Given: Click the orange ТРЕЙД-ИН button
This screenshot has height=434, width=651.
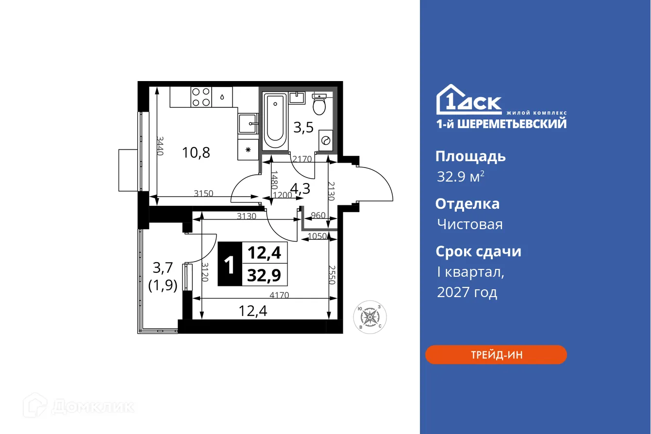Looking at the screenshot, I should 496,355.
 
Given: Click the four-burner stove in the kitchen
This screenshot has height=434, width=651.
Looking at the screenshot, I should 200,97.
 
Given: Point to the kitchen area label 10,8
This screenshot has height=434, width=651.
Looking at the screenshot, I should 196,153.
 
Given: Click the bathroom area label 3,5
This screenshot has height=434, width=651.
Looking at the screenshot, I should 303,128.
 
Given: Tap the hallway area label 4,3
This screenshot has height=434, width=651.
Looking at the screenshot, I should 300,188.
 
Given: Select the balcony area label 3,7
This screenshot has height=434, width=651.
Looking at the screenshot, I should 163,267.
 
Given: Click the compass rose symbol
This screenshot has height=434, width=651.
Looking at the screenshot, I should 370,317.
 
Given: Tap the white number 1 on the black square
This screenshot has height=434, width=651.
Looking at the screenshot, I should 229,265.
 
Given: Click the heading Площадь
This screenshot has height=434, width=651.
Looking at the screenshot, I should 470,156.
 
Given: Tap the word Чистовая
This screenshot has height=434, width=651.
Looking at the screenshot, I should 469,224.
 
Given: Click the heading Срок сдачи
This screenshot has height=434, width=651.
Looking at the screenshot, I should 478,251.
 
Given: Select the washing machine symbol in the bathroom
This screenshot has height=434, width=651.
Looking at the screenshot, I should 325,141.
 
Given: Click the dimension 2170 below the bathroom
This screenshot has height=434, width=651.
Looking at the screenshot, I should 302,158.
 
